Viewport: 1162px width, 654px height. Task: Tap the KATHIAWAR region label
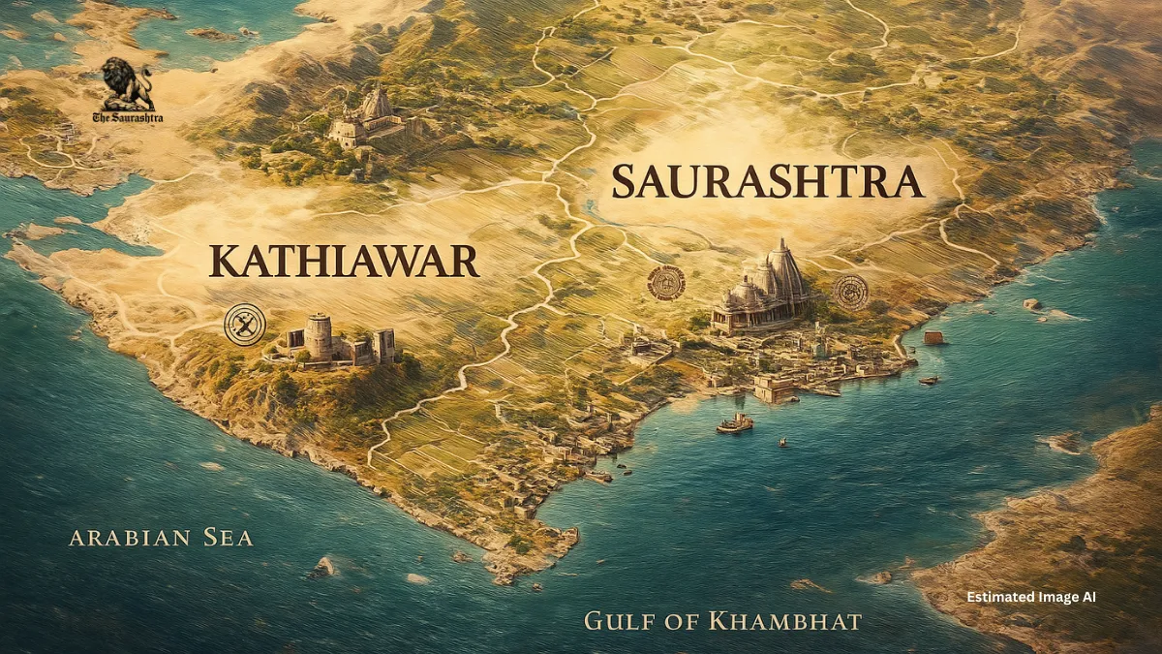[x=344, y=263]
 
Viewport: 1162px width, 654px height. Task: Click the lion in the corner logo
[x=128, y=83]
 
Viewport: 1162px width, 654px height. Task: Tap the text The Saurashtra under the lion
[x=128, y=118]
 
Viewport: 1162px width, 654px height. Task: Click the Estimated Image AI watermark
[x=1030, y=598]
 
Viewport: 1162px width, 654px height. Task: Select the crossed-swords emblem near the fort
[x=244, y=325]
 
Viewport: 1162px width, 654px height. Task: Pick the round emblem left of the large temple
[x=666, y=283]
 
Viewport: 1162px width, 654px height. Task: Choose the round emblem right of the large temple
[x=851, y=292]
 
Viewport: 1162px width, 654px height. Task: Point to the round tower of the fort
[x=319, y=336]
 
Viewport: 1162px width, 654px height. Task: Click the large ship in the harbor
[x=735, y=423]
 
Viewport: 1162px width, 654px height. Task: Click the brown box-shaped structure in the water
[x=933, y=338]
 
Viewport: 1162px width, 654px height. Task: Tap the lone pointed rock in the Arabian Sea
[x=322, y=566]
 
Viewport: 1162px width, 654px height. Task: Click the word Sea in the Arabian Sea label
[x=226, y=537]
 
